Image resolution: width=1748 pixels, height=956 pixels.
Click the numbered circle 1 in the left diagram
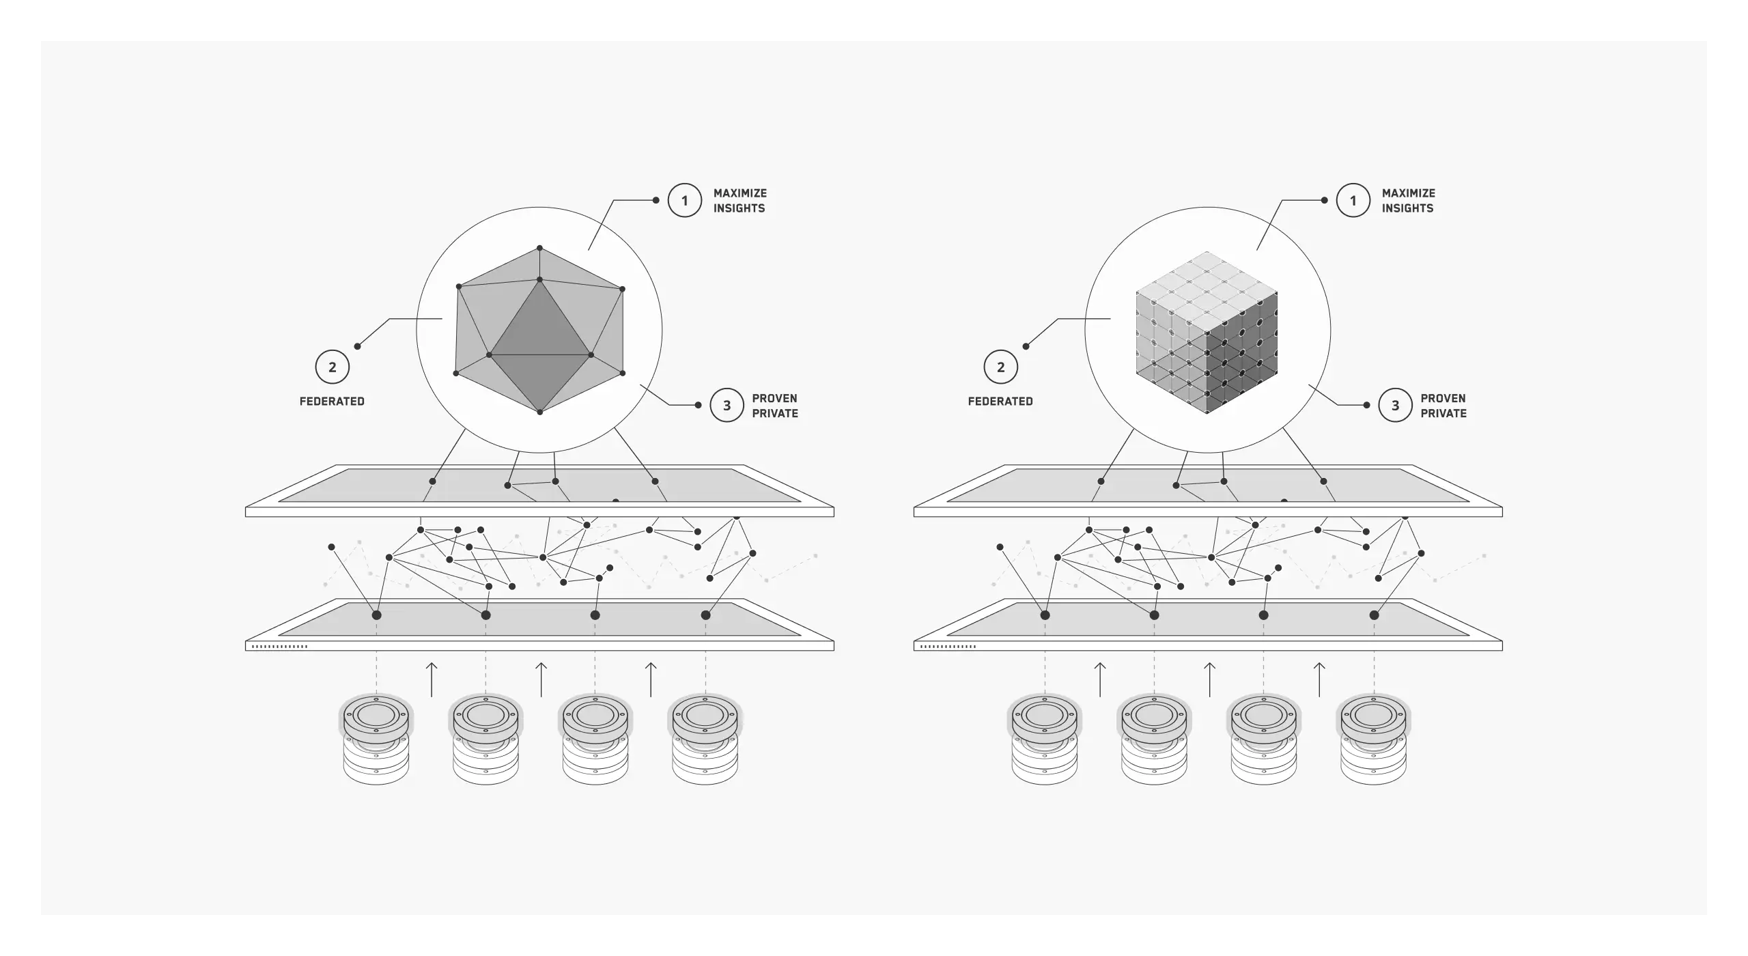684,201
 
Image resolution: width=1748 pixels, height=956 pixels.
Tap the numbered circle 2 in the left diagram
333,367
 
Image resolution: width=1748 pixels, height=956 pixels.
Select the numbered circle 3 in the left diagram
727,406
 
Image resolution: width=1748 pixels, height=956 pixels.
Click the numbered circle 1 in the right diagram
1353,201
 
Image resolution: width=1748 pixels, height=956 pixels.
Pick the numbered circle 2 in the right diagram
1001,367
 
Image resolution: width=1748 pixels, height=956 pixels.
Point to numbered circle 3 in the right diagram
1395,406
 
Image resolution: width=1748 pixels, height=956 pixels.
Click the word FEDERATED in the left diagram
332,402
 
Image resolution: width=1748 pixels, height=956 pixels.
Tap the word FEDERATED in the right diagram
1000,402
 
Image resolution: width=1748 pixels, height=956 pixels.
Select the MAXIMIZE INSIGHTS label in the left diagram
739,201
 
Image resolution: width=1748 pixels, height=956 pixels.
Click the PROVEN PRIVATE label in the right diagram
1443,406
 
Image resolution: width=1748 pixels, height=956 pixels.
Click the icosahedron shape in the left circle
539,331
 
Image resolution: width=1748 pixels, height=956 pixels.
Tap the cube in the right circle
1207,333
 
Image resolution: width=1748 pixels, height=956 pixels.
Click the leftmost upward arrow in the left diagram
432,679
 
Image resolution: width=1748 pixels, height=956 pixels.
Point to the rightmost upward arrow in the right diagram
1319,679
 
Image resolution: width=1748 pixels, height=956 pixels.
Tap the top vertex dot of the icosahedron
539,248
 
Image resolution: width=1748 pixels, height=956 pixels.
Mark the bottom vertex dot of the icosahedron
539,412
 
